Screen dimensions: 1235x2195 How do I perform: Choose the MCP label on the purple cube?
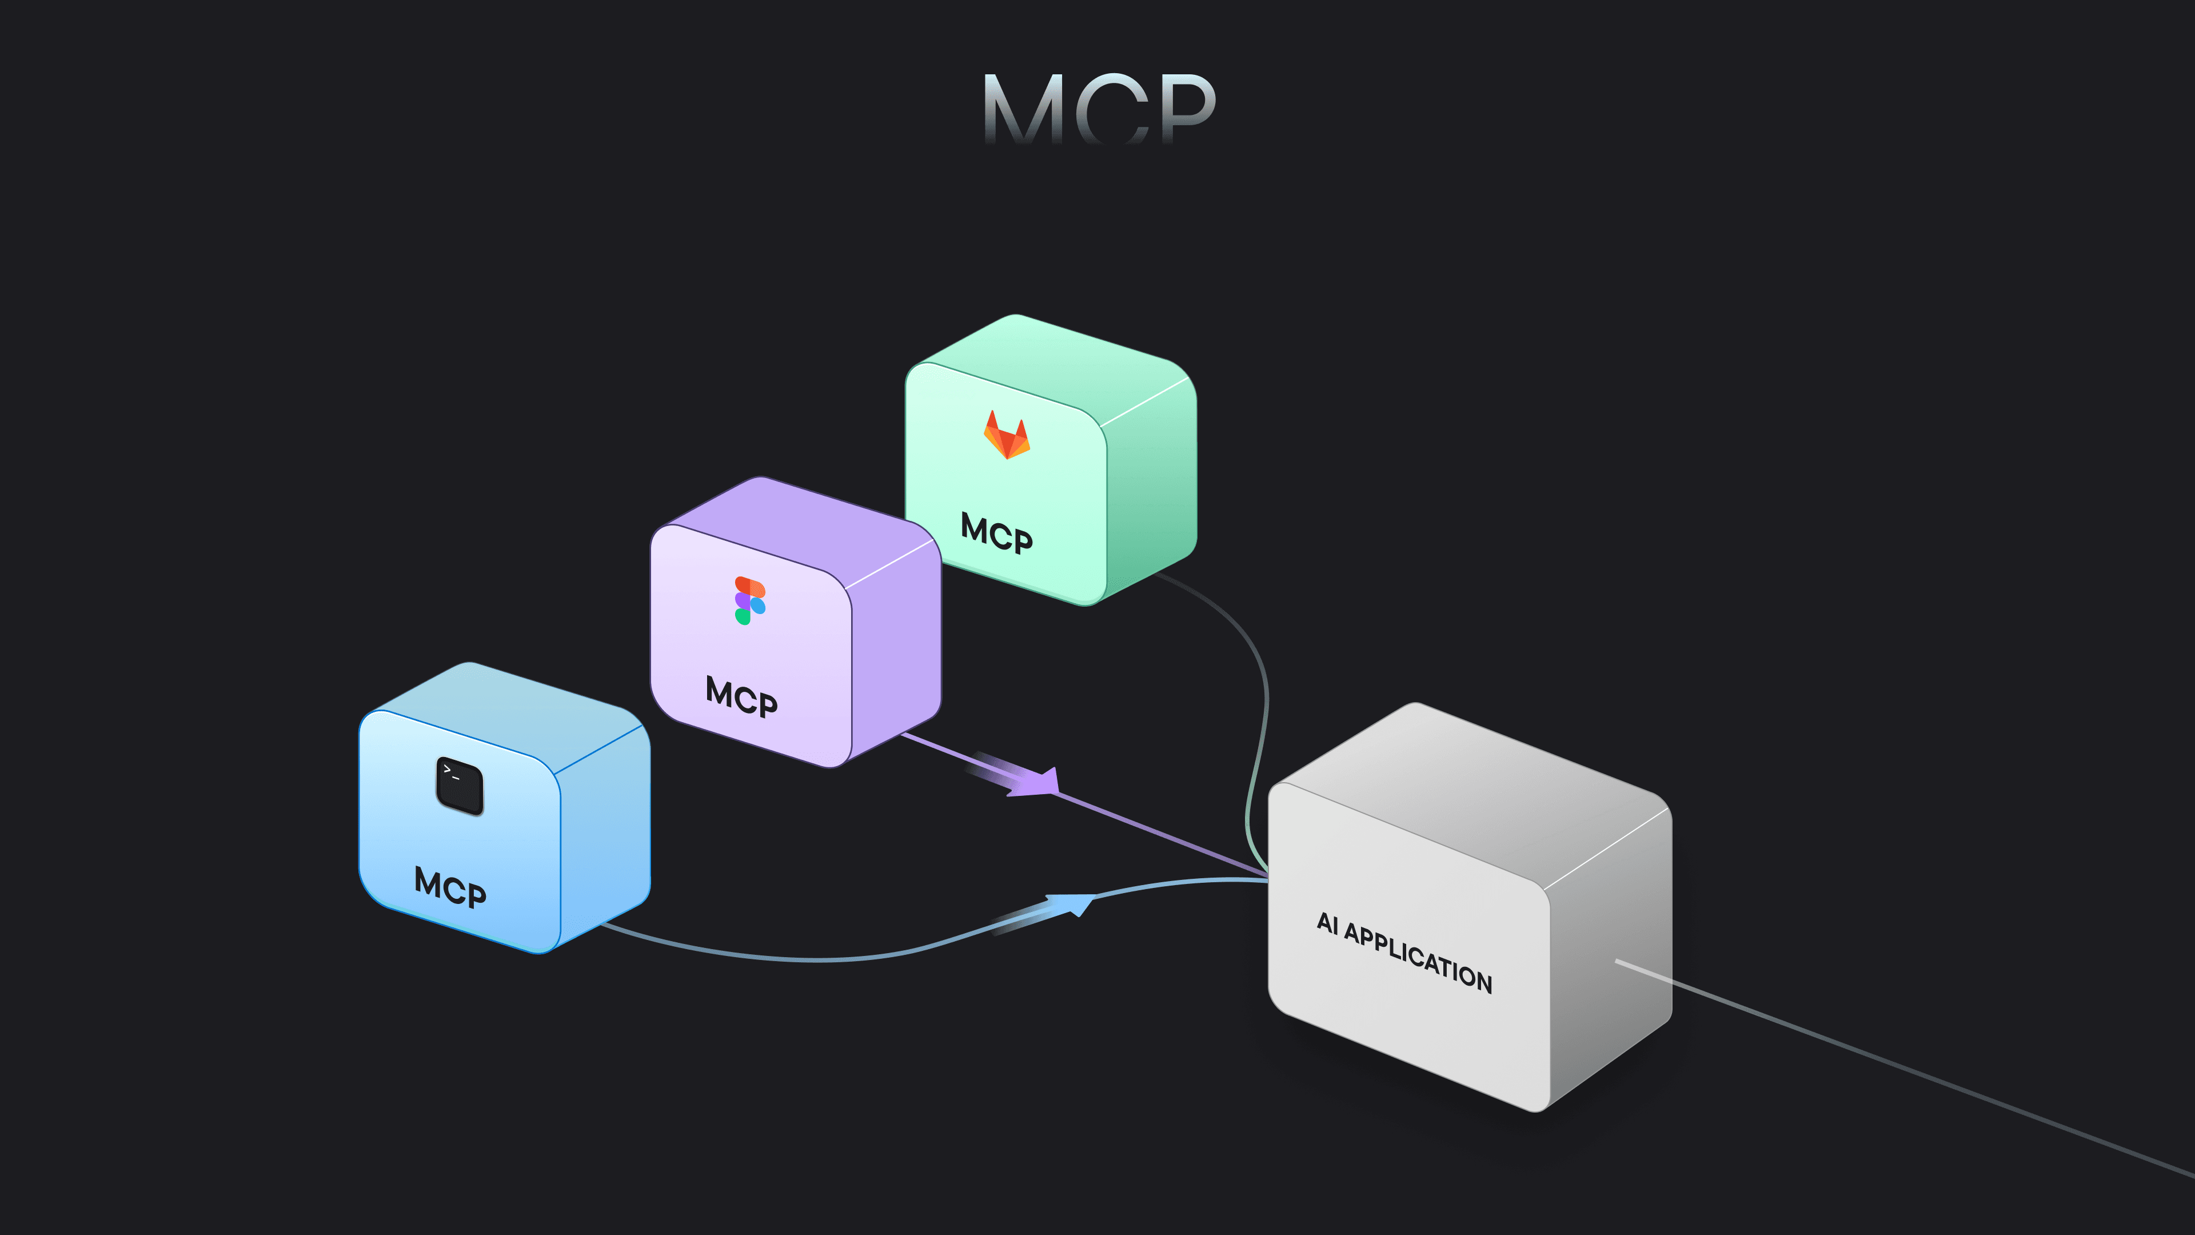(x=741, y=697)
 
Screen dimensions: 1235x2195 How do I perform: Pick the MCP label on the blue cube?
(x=450, y=887)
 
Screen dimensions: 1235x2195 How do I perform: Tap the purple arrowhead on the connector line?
(x=1040, y=782)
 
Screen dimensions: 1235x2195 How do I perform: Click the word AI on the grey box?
(x=1327, y=923)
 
